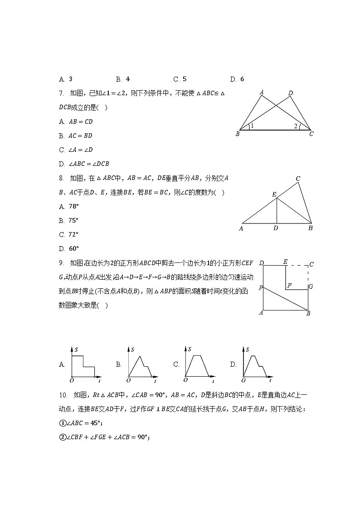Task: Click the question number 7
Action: [x=61, y=93]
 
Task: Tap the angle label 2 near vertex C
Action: [x=296, y=126]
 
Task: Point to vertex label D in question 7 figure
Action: [x=291, y=93]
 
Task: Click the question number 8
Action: [x=61, y=178]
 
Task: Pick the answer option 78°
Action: [x=73, y=206]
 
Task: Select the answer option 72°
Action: [x=73, y=234]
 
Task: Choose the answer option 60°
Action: [x=73, y=248]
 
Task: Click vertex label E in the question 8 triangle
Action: [x=274, y=194]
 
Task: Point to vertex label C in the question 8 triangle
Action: [x=298, y=179]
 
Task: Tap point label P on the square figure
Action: [x=261, y=288]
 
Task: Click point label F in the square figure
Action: [x=289, y=285]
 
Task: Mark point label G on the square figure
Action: [x=311, y=286]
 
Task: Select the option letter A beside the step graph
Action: [x=62, y=364]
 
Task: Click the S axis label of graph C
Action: [x=190, y=349]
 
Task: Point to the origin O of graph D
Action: [x=243, y=380]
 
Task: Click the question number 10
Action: [x=63, y=395]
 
